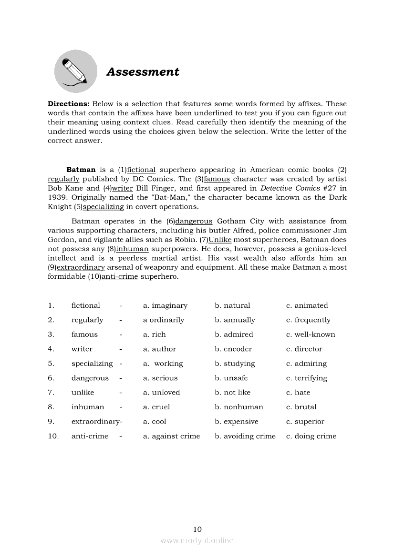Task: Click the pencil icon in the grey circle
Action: tap(75, 71)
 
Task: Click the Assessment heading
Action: tap(143, 72)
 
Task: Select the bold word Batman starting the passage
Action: tap(81, 170)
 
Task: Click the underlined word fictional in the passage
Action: tap(141, 170)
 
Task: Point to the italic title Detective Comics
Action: tap(290, 188)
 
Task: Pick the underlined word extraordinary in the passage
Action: tap(80, 267)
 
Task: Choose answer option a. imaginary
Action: tap(165, 305)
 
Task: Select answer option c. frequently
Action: tap(308, 320)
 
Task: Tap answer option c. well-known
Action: tap(311, 334)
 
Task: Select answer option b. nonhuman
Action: tap(238, 407)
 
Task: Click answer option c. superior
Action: tap(305, 422)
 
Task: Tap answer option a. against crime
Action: tap(171, 436)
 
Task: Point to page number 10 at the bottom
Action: tap(197, 529)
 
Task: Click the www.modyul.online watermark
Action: tap(197, 540)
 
